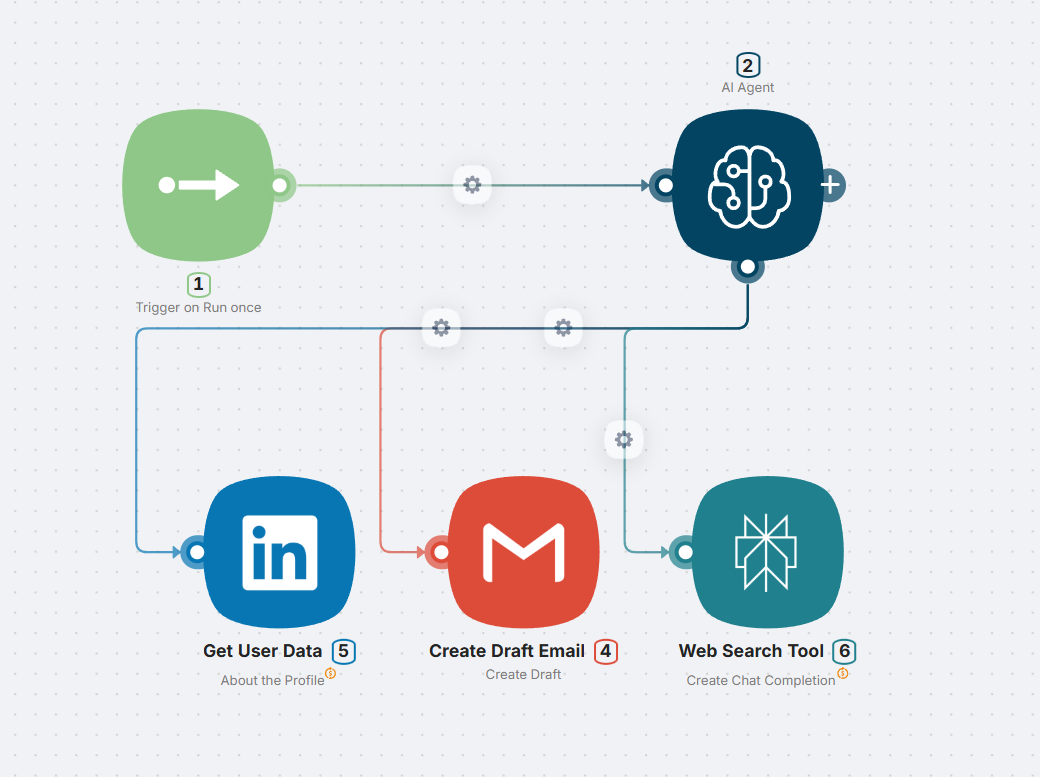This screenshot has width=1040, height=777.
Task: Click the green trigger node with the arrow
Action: pyautogui.click(x=198, y=185)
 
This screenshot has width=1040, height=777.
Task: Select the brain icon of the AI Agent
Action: pyautogui.click(x=748, y=185)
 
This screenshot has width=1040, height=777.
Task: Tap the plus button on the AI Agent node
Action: pyautogui.click(x=831, y=185)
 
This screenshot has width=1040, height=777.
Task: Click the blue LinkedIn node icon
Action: pyautogui.click(x=279, y=552)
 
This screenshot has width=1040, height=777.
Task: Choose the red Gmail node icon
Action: pyautogui.click(x=524, y=552)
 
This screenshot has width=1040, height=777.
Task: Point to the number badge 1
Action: pyautogui.click(x=198, y=285)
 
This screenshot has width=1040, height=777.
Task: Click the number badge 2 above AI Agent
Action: pyautogui.click(x=748, y=66)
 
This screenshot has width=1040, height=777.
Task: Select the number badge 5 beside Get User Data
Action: pyautogui.click(x=343, y=651)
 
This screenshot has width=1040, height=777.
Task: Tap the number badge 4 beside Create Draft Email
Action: pyautogui.click(x=605, y=651)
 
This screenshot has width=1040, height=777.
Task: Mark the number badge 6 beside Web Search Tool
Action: pyautogui.click(x=844, y=651)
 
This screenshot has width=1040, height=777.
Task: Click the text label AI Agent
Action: pyautogui.click(x=748, y=87)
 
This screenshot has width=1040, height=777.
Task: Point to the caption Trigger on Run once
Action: pyautogui.click(x=198, y=307)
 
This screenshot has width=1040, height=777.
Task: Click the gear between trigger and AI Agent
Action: pyautogui.click(x=472, y=185)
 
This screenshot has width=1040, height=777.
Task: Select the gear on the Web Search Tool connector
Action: pyautogui.click(x=624, y=439)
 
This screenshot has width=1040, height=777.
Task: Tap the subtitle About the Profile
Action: pyautogui.click(x=273, y=680)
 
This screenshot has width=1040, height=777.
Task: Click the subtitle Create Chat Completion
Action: pyautogui.click(x=761, y=680)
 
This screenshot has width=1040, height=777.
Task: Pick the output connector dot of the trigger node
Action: pyautogui.click(x=281, y=185)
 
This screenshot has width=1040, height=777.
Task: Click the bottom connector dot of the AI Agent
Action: pyautogui.click(x=748, y=267)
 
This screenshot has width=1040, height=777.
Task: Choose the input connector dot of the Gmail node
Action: pyautogui.click(x=438, y=552)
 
